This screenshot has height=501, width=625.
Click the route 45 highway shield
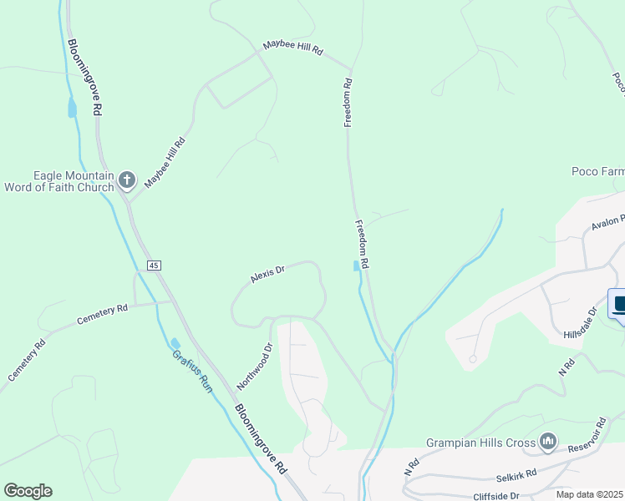point(153,265)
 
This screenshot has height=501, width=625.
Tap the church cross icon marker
point(126,180)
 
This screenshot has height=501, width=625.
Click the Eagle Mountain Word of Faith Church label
point(62,181)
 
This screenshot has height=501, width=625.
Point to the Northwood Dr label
point(255,367)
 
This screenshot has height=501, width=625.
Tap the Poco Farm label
point(597,171)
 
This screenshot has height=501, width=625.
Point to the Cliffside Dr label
point(495,495)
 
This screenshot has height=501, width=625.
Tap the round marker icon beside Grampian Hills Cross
point(548,440)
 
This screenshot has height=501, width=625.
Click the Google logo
point(28,490)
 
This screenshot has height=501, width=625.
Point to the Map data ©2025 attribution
point(589,494)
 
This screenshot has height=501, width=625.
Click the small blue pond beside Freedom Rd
point(357,266)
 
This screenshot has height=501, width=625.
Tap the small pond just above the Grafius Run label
point(175,343)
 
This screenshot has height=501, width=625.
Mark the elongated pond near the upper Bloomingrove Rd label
point(72,108)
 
